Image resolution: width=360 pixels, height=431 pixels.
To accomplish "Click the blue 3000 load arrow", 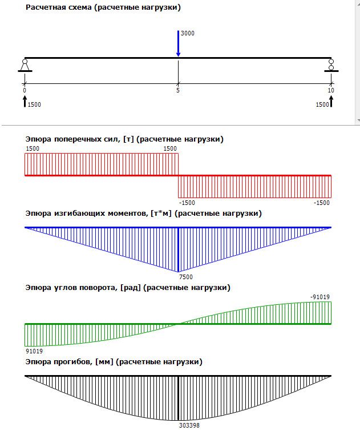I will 178,45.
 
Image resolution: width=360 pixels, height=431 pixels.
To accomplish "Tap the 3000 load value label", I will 187,34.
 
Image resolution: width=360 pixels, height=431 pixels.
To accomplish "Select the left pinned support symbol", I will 25,65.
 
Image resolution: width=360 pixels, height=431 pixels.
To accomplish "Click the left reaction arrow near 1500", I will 25,101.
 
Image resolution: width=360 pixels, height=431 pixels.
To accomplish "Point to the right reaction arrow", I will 331,101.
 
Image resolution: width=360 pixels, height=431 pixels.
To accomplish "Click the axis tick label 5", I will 178,90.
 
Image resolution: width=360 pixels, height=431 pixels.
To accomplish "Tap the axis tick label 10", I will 331,90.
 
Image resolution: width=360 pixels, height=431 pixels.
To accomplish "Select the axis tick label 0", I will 25,90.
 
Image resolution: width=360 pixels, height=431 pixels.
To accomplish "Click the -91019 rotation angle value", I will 321,296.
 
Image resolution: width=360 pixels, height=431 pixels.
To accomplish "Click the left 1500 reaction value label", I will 34,105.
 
